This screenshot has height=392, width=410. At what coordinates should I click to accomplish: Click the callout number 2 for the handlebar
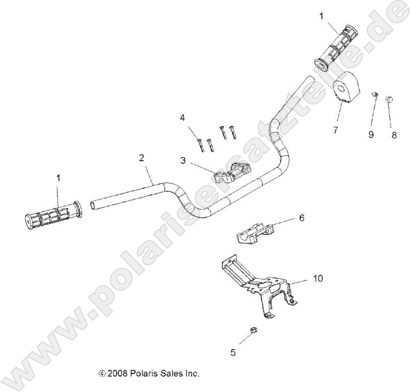pos(141,158)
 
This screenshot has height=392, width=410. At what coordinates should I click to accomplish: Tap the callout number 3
pos(182,160)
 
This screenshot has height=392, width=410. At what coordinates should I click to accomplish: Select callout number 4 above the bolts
pos(182,118)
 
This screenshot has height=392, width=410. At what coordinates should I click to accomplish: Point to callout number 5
pos(233,353)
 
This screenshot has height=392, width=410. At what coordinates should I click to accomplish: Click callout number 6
pos(301,217)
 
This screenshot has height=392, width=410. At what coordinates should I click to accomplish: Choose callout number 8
pos(394,135)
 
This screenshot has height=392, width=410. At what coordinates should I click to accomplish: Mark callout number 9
pos(371,135)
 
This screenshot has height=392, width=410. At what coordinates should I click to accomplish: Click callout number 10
pos(318,278)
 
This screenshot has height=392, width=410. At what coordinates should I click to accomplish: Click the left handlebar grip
pos(54,215)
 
